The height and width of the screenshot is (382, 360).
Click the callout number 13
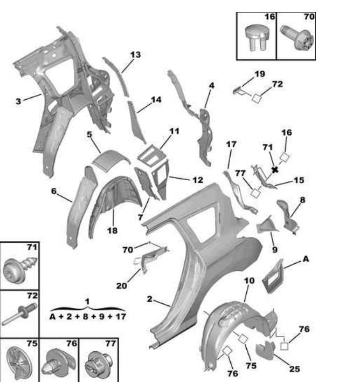pos(135,55)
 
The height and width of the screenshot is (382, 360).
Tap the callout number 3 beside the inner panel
pos(18,101)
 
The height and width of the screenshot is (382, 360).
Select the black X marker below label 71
pos(275,170)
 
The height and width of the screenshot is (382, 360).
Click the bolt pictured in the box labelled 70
pos(297,38)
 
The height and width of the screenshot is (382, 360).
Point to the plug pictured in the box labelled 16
pos(257,38)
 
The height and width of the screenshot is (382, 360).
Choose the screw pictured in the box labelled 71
pos(20,269)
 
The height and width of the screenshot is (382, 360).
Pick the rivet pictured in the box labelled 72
pos(19,314)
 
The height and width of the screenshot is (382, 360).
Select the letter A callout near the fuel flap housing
pos(306,259)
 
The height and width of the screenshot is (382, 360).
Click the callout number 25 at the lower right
pos(295,369)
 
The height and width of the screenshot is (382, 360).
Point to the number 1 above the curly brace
pos(87,302)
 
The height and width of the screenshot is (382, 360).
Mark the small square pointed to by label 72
pos(257,98)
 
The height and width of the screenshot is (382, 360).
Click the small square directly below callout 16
pos(284,157)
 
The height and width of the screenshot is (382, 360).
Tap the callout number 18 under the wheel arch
pos(112,230)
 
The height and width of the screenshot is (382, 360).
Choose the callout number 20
pos(122,285)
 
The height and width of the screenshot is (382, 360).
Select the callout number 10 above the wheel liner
pos(249,281)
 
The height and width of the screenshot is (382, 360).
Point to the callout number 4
pos(212,86)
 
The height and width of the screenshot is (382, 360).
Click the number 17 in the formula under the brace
pos(121,317)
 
